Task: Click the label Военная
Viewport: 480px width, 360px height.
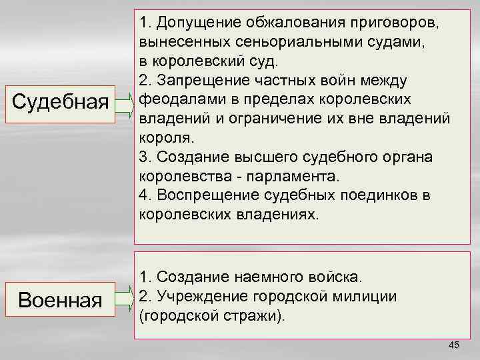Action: pyautogui.click(x=61, y=299)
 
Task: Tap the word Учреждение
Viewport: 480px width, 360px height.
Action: pyautogui.click(x=195, y=296)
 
